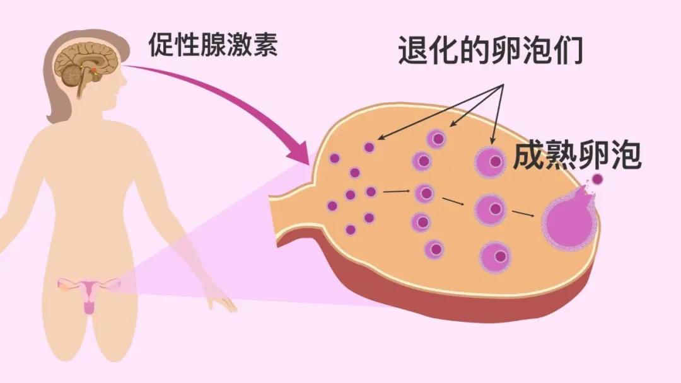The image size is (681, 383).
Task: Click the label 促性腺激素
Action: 213,45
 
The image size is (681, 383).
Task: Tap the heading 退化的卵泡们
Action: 491,50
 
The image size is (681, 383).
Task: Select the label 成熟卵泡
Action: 577,156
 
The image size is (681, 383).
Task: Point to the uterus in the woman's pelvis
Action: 89,293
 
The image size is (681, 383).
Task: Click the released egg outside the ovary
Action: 597,179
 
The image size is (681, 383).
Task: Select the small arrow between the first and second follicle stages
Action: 397,191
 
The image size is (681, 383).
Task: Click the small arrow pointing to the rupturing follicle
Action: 523,213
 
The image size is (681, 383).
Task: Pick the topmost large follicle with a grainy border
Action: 491,163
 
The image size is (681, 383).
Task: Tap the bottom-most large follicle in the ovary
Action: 495,257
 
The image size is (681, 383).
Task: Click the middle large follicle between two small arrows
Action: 491,209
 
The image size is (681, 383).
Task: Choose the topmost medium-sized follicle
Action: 436,139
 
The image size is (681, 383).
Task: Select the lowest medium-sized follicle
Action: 434,249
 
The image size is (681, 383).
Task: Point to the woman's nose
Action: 124,79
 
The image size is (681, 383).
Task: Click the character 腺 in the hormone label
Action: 213,45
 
